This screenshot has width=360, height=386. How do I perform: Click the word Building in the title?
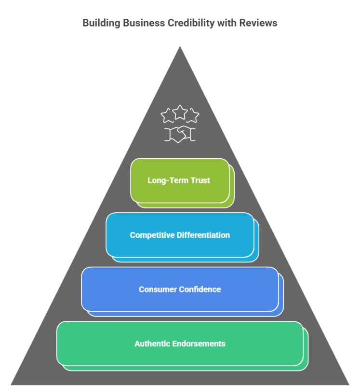[99, 23]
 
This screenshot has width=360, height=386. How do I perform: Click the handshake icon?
[180, 135]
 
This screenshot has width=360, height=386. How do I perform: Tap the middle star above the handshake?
[180, 112]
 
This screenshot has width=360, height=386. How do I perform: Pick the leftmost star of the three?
[167, 116]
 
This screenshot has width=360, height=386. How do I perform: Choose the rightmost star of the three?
[193, 116]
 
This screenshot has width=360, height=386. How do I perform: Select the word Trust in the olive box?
[200, 180]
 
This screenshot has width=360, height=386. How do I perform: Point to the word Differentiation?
[203, 235]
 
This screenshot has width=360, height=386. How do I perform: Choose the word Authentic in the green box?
[151, 344]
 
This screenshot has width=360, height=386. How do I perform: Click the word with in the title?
[226, 23]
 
